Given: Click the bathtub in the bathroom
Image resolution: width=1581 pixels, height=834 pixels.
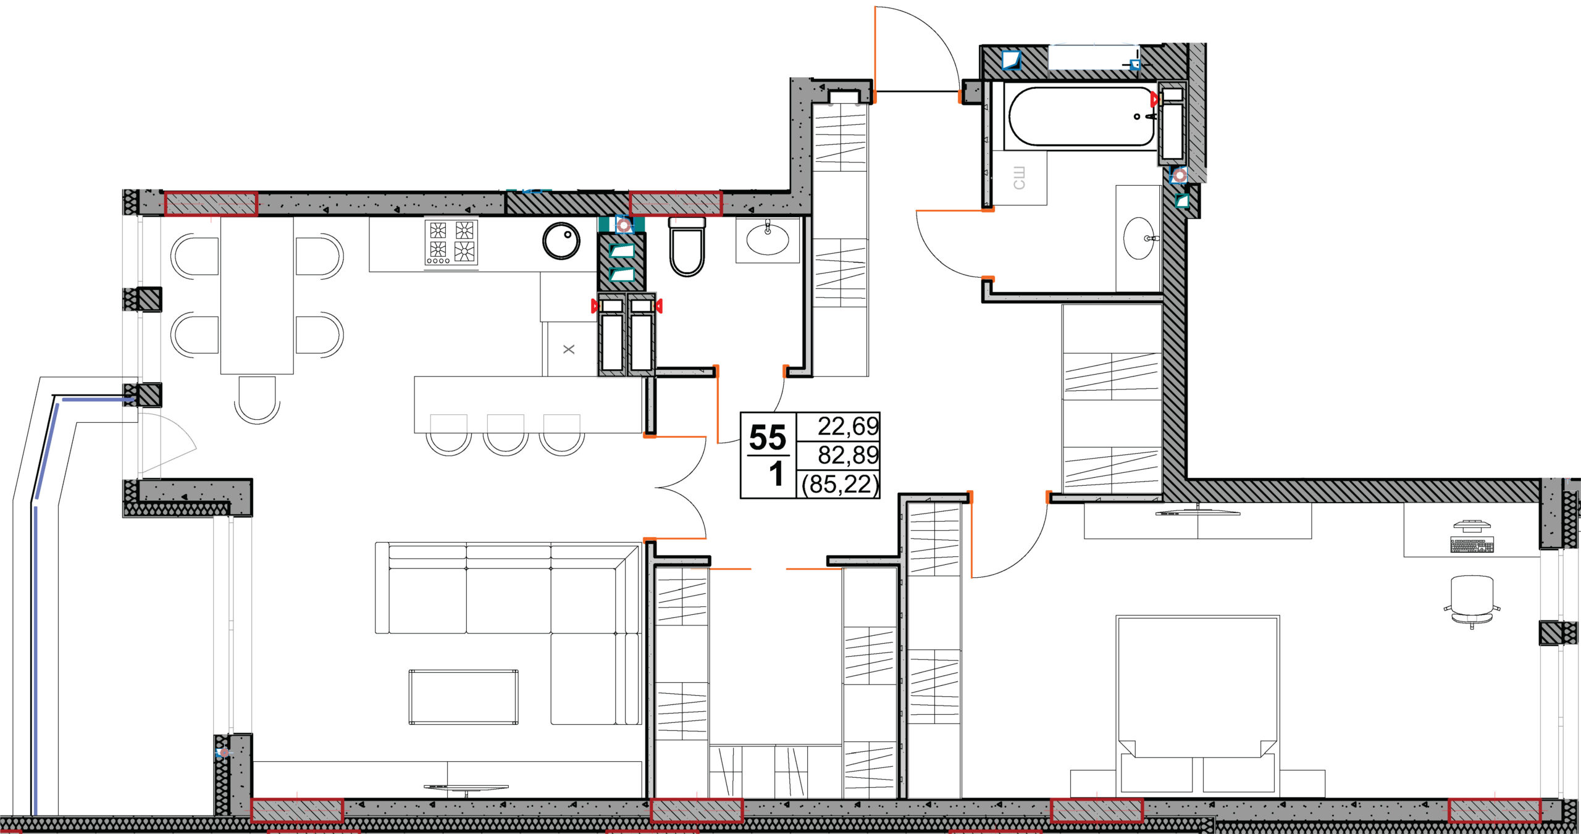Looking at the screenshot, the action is point(1081,117).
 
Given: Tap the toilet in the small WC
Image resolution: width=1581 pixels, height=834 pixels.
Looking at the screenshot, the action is point(687,246).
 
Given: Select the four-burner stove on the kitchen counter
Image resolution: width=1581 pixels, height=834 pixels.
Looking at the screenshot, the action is point(451,243).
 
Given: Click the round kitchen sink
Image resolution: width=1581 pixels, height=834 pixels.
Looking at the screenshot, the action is point(561,241).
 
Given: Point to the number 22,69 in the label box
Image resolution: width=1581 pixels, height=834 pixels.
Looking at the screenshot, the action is point(848,426).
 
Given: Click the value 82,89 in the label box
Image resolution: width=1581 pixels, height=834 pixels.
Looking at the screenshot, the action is point(848,455).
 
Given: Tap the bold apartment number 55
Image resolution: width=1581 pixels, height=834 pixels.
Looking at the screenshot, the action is point(768,438).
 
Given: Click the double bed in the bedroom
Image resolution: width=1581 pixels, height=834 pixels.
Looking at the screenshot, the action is point(1197,704).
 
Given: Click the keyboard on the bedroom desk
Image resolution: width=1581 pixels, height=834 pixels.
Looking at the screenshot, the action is point(1472,545).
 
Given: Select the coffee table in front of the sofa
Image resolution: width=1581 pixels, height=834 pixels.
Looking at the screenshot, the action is point(463,697).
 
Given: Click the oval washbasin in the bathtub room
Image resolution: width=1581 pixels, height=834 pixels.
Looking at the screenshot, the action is point(1138,238).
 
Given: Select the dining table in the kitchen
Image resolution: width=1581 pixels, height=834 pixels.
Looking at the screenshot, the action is point(257,296).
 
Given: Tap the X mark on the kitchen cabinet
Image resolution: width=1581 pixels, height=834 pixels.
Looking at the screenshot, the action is point(569,349).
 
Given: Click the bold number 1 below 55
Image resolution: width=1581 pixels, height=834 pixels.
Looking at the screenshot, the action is point(776,474).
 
